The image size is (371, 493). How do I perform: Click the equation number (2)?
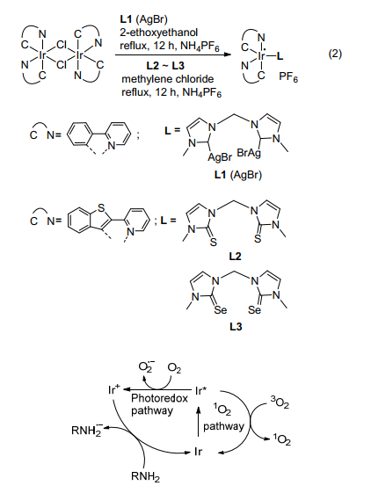(335, 54)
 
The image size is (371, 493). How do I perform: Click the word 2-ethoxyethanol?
(158, 32)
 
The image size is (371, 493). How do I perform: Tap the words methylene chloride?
(167, 78)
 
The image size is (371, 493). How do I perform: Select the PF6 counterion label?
(288, 77)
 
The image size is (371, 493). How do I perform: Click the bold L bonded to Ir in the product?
(280, 56)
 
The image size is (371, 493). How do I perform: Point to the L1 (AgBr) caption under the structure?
(238, 175)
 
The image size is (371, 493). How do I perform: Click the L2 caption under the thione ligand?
(235, 257)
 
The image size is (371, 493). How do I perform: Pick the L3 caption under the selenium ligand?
(236, 327)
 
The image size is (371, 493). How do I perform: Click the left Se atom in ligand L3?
(221, 310)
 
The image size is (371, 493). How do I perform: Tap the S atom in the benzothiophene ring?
(101, 207)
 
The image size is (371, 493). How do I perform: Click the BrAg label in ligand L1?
(249, 154)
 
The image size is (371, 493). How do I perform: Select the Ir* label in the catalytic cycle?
(201, 391)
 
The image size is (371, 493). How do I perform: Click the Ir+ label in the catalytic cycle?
(113, 390)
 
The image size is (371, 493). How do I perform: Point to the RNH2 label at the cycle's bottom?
(145, 477)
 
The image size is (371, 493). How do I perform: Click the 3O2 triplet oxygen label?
(280, 402)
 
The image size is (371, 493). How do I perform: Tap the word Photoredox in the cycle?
(159, 398)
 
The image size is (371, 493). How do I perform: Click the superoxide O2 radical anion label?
(146, 366)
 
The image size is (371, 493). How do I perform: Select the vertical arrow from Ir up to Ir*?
(198, 421)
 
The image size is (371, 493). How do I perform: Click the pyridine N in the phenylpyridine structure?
(112, 146)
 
